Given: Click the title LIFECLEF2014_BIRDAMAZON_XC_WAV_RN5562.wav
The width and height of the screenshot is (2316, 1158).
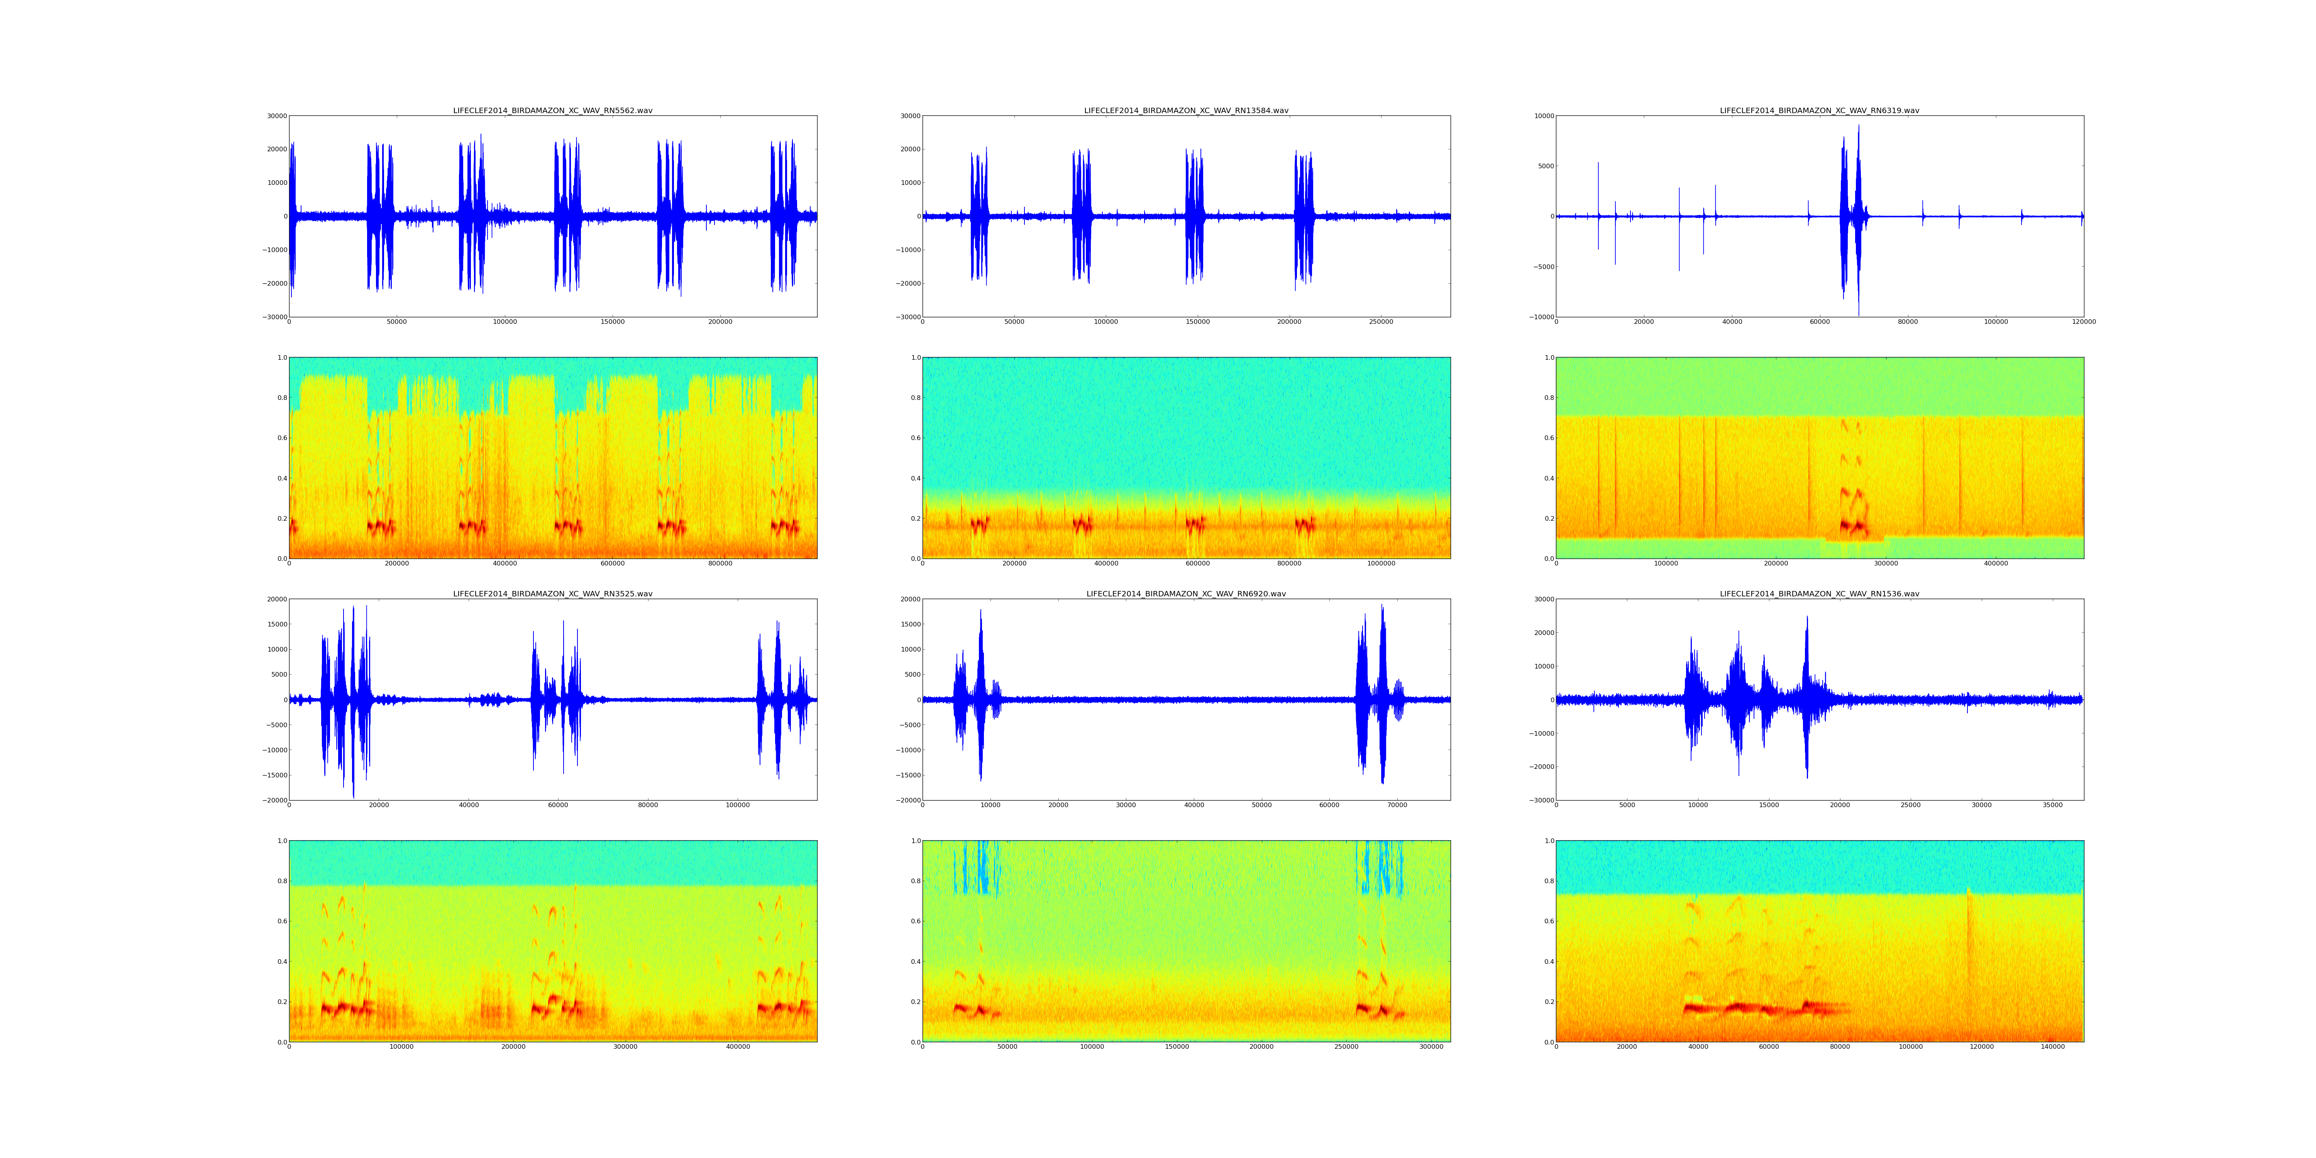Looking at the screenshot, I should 552,110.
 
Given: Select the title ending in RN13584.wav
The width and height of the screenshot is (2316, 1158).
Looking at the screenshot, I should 1186,110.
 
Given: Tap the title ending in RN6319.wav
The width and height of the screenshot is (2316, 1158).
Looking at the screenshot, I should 1819,110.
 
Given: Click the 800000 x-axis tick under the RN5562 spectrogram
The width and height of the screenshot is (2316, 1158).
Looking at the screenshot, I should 720,564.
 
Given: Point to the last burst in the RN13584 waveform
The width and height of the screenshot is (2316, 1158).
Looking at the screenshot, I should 1304,216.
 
